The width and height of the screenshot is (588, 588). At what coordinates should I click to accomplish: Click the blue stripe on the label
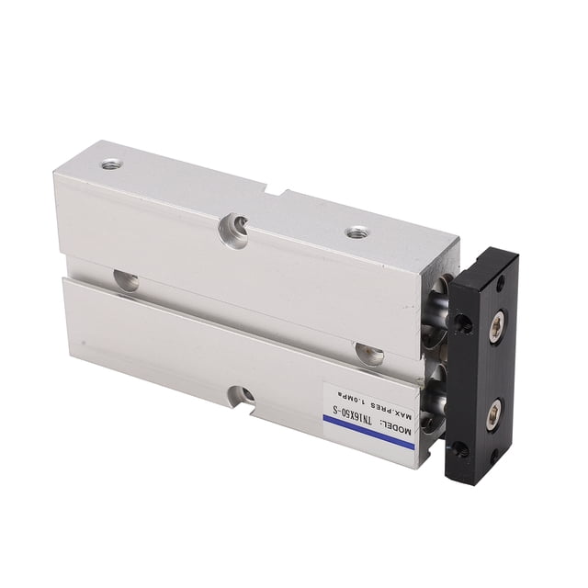(x=368, y=432)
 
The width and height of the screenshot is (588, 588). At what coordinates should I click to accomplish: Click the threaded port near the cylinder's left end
(x=111, y=164)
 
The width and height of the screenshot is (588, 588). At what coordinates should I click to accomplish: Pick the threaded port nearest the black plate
(x=356, y=232)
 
